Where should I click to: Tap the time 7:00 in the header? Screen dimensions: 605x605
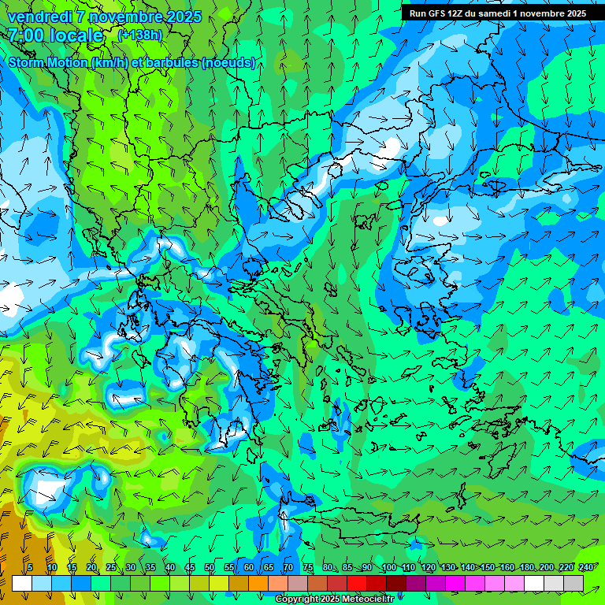click(25, 35)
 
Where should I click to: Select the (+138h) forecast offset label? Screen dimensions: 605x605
click(139, 35)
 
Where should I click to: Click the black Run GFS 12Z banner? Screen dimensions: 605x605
click(497, 13)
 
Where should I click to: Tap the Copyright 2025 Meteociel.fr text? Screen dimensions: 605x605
click(345, 599)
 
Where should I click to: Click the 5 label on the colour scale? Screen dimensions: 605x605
click(30, 567)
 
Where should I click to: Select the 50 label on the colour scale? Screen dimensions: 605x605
click(210, 567)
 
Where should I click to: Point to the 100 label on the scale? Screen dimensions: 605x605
click(388, 567)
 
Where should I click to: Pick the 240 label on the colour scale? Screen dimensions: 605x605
click(586, 567)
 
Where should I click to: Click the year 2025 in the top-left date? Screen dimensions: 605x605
click(181, 17)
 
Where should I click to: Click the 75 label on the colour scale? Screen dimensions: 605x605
click(308, 567)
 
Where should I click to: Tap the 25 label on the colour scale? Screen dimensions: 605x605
click(111, 567)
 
